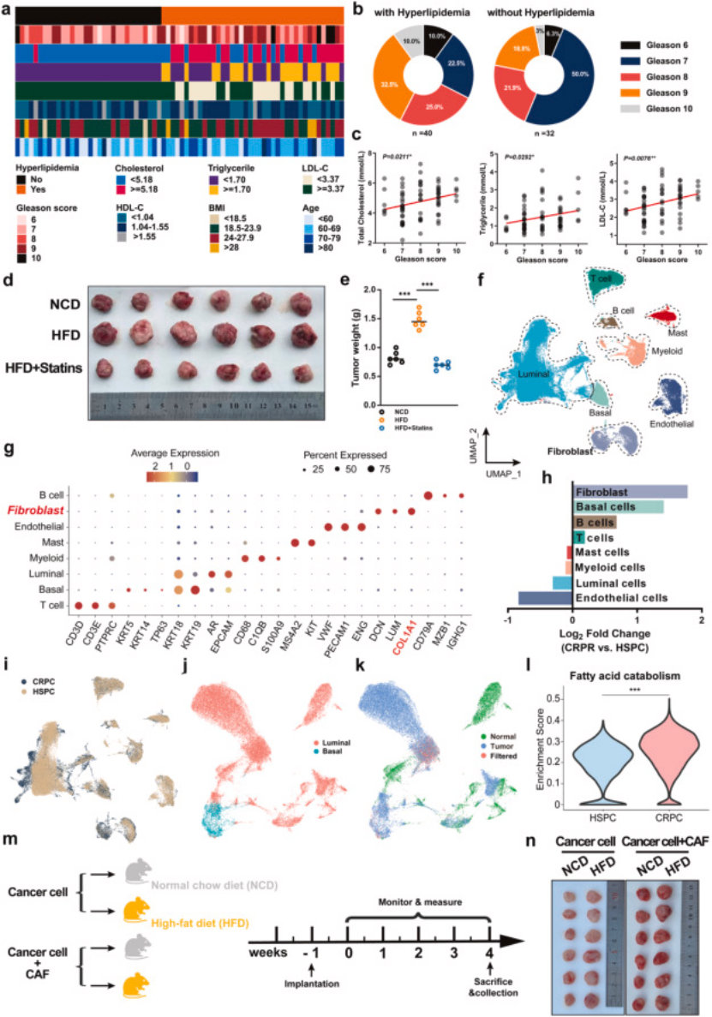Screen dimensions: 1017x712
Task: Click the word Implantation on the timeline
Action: [x=310, y=981]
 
